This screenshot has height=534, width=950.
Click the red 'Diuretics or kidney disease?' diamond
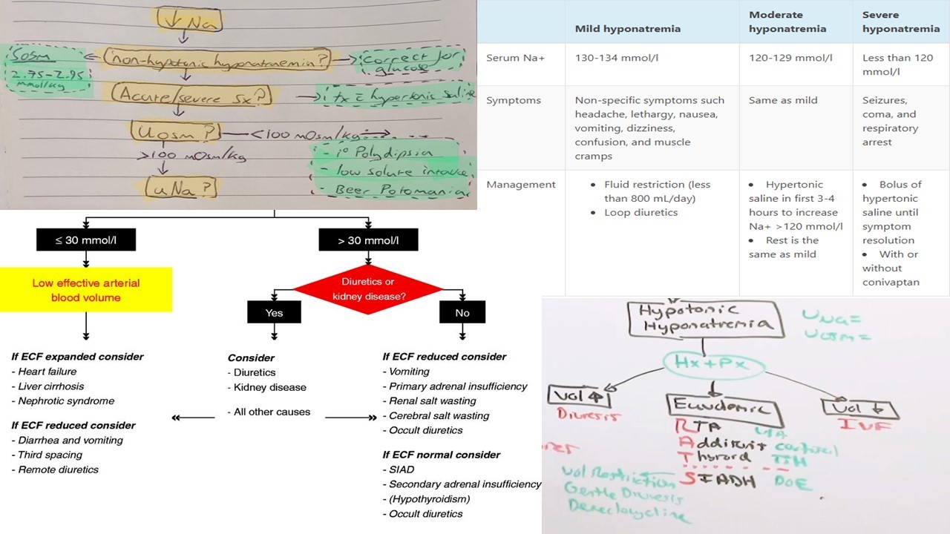point(368,289)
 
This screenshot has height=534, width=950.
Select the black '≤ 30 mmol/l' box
point(86,240)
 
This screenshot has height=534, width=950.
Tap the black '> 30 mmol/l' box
point(368,240)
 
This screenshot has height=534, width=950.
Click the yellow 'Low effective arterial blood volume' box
point(86,290)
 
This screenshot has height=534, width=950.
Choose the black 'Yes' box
point(274,312)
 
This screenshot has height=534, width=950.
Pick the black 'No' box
point(462,312)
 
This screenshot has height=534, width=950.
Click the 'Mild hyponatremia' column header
point(628,29)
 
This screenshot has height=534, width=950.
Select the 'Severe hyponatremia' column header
point(900,22)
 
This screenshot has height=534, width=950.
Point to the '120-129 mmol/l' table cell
point(790,58)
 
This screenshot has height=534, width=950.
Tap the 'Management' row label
point(521,185)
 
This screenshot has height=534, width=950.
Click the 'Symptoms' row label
point(514,100)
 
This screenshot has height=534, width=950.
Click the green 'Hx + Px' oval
point(706,362)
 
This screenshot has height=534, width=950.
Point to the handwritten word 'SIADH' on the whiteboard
point(719,481)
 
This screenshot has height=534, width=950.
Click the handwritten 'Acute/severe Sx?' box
point(191,96)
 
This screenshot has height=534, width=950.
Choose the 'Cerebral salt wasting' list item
point(439,415)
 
